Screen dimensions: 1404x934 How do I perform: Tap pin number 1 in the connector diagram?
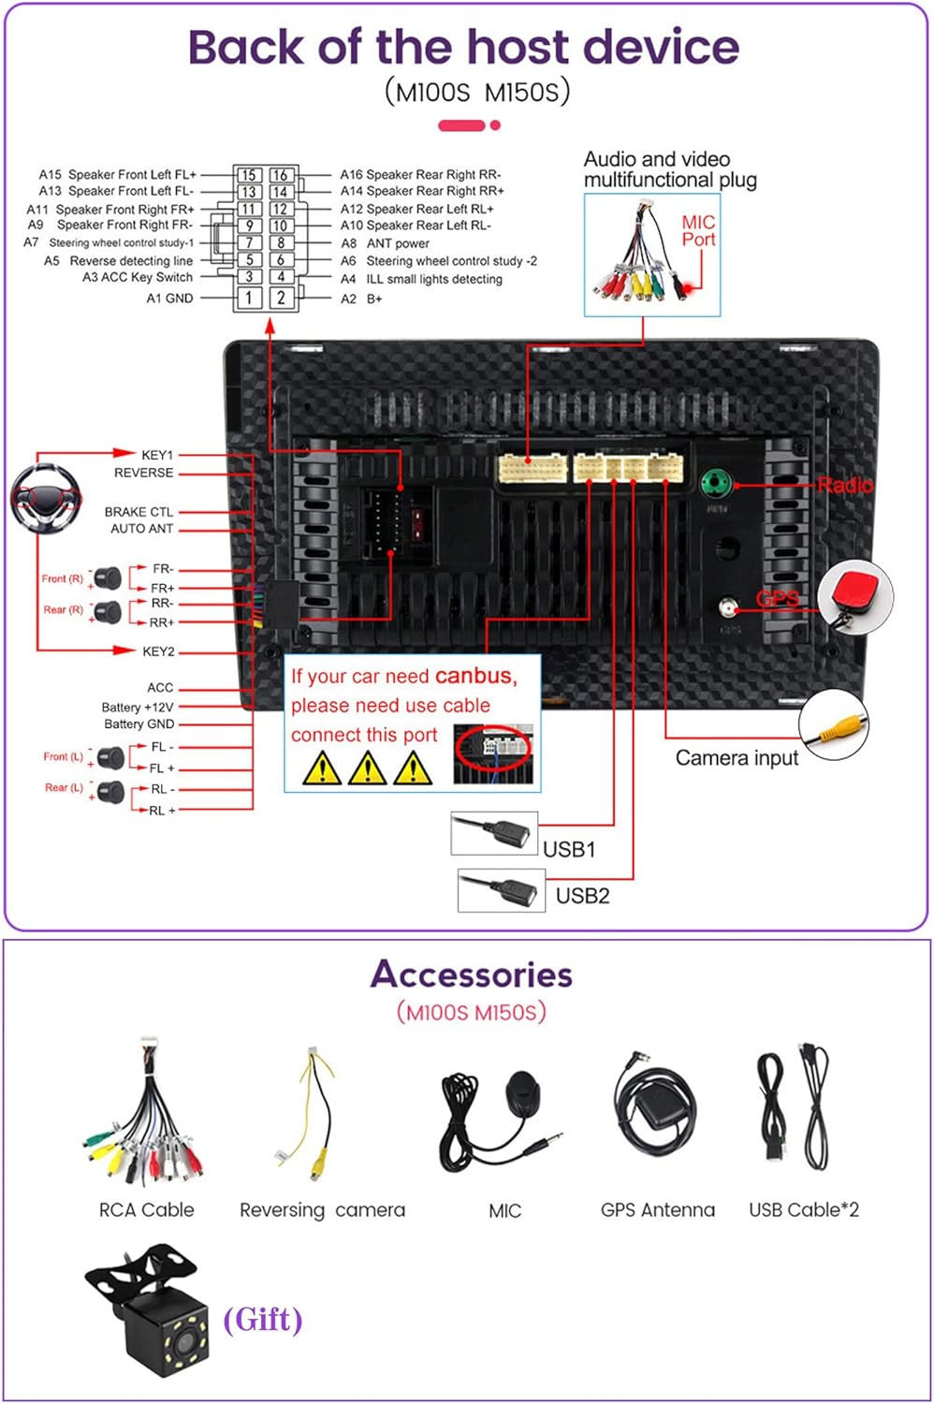(249, 298)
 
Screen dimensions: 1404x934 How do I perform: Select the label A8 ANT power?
(386, 243)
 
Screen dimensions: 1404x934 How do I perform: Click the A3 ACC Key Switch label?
(137, 277)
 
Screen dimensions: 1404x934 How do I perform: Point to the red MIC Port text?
(698, 231)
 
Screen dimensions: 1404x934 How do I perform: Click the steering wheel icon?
(46, 497)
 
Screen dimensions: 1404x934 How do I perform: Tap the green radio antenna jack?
(716, 484)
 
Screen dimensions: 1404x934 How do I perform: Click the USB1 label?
(569, 850)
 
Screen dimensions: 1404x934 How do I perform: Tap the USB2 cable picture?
(501, 889)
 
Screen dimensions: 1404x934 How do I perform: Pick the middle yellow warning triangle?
(367, 768)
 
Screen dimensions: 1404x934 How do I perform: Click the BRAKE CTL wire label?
(139, 512)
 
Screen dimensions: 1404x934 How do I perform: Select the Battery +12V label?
(137, 707)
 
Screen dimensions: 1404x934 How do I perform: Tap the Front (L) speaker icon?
(111, 756)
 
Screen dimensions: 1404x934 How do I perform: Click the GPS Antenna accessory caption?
(657, 1210)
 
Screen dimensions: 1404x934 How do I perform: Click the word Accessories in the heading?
(471, 974)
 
